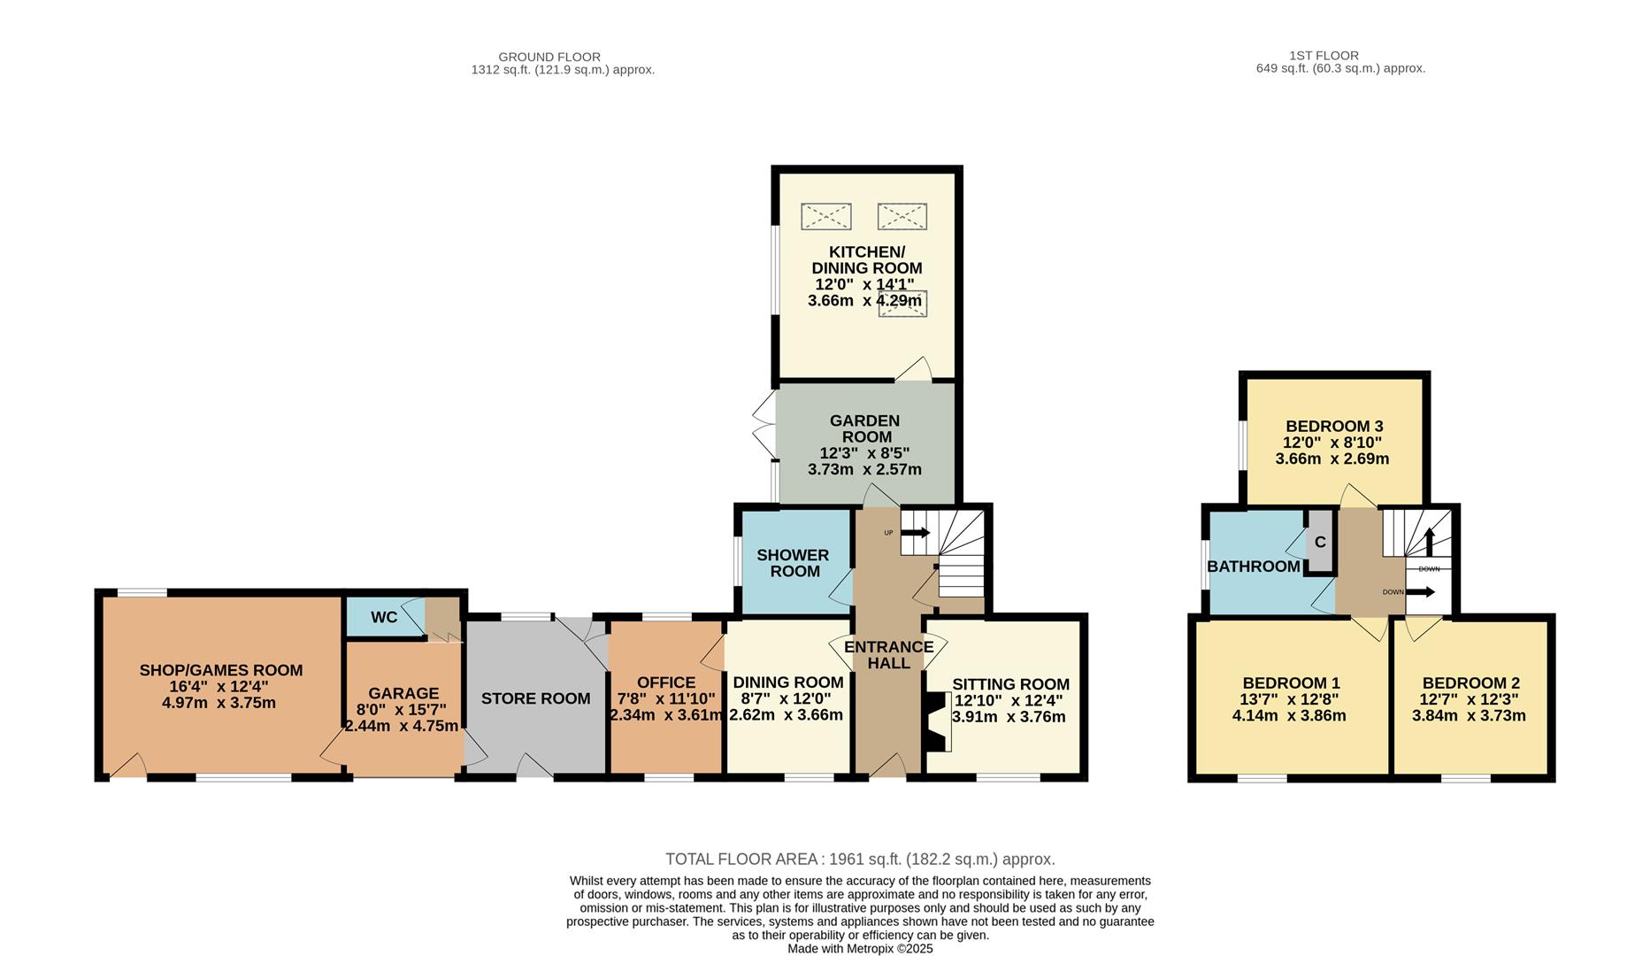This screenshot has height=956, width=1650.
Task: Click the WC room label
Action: (384, 617)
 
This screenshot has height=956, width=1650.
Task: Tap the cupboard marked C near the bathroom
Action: (1320, 542)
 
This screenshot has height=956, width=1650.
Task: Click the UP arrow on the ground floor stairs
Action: (916, 533)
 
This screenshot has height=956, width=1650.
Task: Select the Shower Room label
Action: (794, 563)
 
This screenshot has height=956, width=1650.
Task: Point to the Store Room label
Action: (535, 698)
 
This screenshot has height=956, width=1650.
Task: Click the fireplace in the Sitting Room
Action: (936, 721)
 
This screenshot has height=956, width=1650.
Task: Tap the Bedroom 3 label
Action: (1334, 426)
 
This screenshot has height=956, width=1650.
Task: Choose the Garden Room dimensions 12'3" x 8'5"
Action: (864, 453)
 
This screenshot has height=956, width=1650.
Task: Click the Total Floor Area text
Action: (859, 859)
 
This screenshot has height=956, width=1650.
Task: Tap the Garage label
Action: (403, 693)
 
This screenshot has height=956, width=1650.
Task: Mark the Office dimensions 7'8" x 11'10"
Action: (666, 698)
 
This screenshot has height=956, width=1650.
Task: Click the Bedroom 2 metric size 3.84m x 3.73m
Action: (1469, 715)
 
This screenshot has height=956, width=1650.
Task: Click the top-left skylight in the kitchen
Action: (825, 216)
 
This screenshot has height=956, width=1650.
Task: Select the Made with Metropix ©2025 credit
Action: (860, 948)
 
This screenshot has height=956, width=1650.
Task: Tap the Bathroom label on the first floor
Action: (1253, 567)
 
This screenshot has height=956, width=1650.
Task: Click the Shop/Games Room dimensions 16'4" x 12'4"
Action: (221, 686)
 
